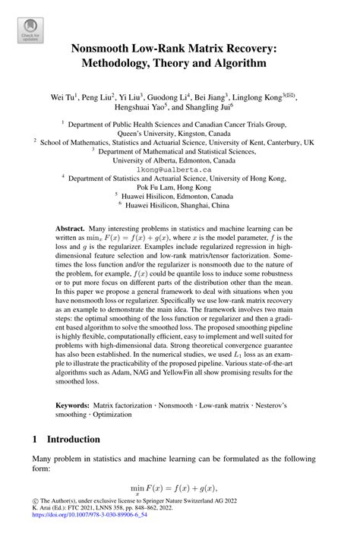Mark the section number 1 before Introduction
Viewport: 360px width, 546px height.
35,439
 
